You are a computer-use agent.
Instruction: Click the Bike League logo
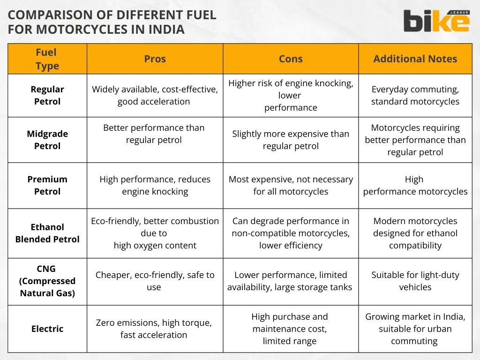pyautogui.click(x=436, y=21)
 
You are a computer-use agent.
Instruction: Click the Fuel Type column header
pyautogui.click(x=47, y=59)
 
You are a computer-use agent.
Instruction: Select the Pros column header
pyautogui.click(x=155, y=59)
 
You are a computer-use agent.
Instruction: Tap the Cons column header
pyautogui.click(x=291, y=59)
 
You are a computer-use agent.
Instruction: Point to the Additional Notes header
pyautogui.click(x=415, y=59)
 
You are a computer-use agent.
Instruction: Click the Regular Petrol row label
pyautogui.click(x=47, y=95)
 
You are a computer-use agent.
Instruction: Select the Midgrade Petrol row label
pyautogui.click(x=47, y=140)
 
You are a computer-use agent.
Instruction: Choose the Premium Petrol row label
pyautogui.click(x=47, y=185)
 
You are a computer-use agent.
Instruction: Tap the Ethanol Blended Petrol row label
pyautogui.click(x=47, y=233)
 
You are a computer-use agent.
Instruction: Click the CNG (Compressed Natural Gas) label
pyautogui.click(x=47, y=281)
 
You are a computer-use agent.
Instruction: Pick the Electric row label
pyautogui.click(x=47, y=329)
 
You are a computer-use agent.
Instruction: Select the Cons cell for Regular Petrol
pyautogui.click(x=291, y=95)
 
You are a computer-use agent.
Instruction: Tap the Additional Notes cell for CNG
pyautogui.click(x=415, y=281)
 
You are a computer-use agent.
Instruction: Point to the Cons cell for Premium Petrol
pyautogui.click(x=291, y=185)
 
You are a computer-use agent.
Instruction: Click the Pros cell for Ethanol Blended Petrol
pyautogui.click(x=155, y=233)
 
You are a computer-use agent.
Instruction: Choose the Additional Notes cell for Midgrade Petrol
pyautogui.click(x=415, y=140)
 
